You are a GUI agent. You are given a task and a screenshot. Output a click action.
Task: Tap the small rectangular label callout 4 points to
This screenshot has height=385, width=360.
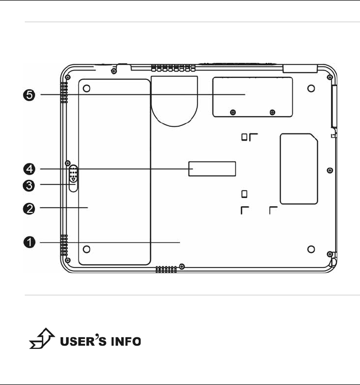[x=212, y=169]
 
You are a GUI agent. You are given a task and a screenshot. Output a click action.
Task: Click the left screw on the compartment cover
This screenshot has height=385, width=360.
[x=233, y=112]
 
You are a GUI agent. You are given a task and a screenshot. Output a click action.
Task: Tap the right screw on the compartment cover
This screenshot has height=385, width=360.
[x=272, y=112]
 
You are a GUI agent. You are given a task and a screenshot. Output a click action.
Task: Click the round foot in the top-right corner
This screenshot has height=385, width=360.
[x=310, y=89]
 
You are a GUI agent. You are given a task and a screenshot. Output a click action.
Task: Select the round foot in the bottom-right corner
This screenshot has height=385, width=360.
[x=310, y=249]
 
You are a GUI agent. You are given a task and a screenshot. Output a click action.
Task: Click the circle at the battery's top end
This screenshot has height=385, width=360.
[x=87, y=89]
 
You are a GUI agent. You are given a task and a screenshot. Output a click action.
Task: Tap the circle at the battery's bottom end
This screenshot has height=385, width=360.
[x=87, y=249]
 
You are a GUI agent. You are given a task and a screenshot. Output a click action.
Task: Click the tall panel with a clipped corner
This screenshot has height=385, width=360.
[x=299, y=168]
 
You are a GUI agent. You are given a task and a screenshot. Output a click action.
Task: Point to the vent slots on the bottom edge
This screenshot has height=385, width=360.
[x=166, y=269]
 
